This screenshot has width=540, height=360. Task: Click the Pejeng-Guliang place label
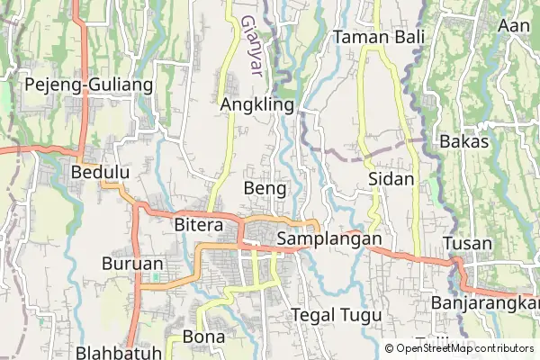[88, 85]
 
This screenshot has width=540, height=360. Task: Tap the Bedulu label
[100, 171]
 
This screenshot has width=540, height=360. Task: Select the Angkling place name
[257, 105]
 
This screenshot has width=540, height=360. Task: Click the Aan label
[514, 25]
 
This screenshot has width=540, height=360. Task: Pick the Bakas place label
[464, 141]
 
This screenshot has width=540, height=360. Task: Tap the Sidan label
[391, 179]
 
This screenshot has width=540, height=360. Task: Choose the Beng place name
[265, 189]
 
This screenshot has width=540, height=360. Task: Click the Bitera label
[198, 225]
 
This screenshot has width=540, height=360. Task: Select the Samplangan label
[330, 240]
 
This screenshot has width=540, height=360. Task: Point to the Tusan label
[467, 244]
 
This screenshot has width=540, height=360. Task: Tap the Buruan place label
[132, 265]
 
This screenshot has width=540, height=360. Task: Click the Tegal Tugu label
[337, 315]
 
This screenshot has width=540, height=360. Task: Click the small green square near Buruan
[155, 276]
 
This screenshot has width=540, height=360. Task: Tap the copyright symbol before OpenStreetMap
[389, 348]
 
